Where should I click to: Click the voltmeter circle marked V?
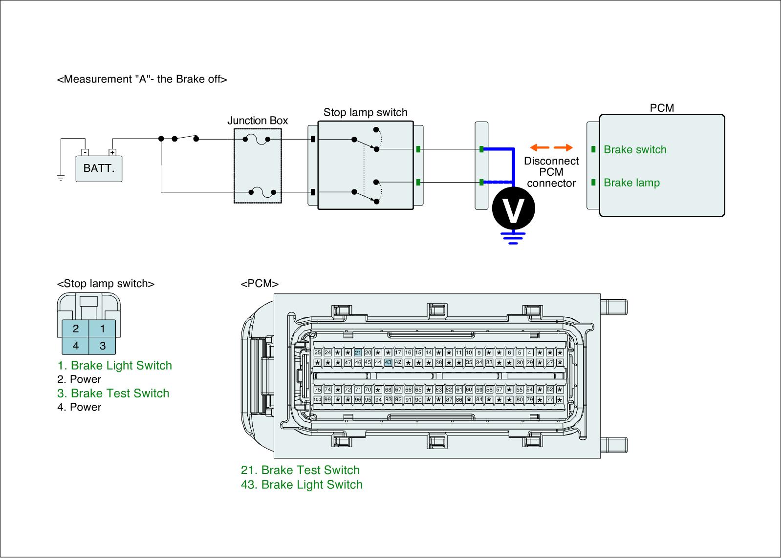coord(513,208)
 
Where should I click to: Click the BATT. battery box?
coord(99,168)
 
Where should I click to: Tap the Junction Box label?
coord(258,121)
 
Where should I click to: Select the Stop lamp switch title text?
coord(365,113)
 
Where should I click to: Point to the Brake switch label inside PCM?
coord(635,150)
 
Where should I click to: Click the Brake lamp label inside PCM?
coord(631,183)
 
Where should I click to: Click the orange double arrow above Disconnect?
coord(551,147)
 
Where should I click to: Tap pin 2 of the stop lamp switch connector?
coord(76,329)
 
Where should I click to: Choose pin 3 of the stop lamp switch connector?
coord(103,346)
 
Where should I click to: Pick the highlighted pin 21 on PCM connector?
coord(358,352)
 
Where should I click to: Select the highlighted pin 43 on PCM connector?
coord(388,362)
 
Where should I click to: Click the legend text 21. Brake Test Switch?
coord(300,470)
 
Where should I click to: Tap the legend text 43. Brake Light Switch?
coord(302,485)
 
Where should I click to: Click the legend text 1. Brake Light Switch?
coord(114,366)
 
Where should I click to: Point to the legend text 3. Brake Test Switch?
coord(113,393)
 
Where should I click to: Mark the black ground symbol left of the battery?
coord(61,178)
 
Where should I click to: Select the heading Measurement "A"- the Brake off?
coord(142,79)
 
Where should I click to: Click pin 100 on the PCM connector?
coord(317,400)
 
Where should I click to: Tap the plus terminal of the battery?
coord(112,152)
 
